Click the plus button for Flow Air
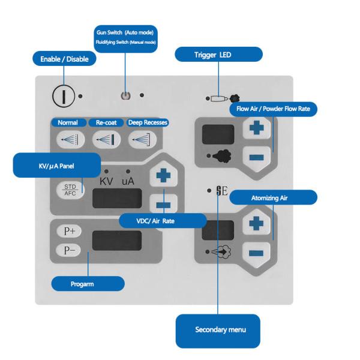click(257, 128)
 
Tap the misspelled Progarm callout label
click(87, 282)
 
